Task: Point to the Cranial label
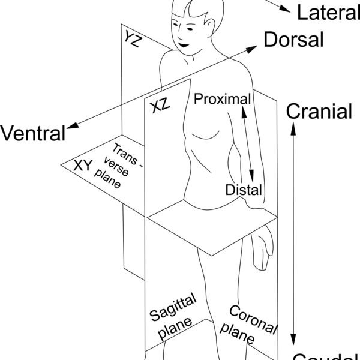click(x=319, y=111)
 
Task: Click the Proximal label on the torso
click(x=221, y=98)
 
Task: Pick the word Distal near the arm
click(x=244, y=190)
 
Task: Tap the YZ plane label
click(x=134, y=39)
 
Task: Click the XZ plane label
click(x=159, y=107)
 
